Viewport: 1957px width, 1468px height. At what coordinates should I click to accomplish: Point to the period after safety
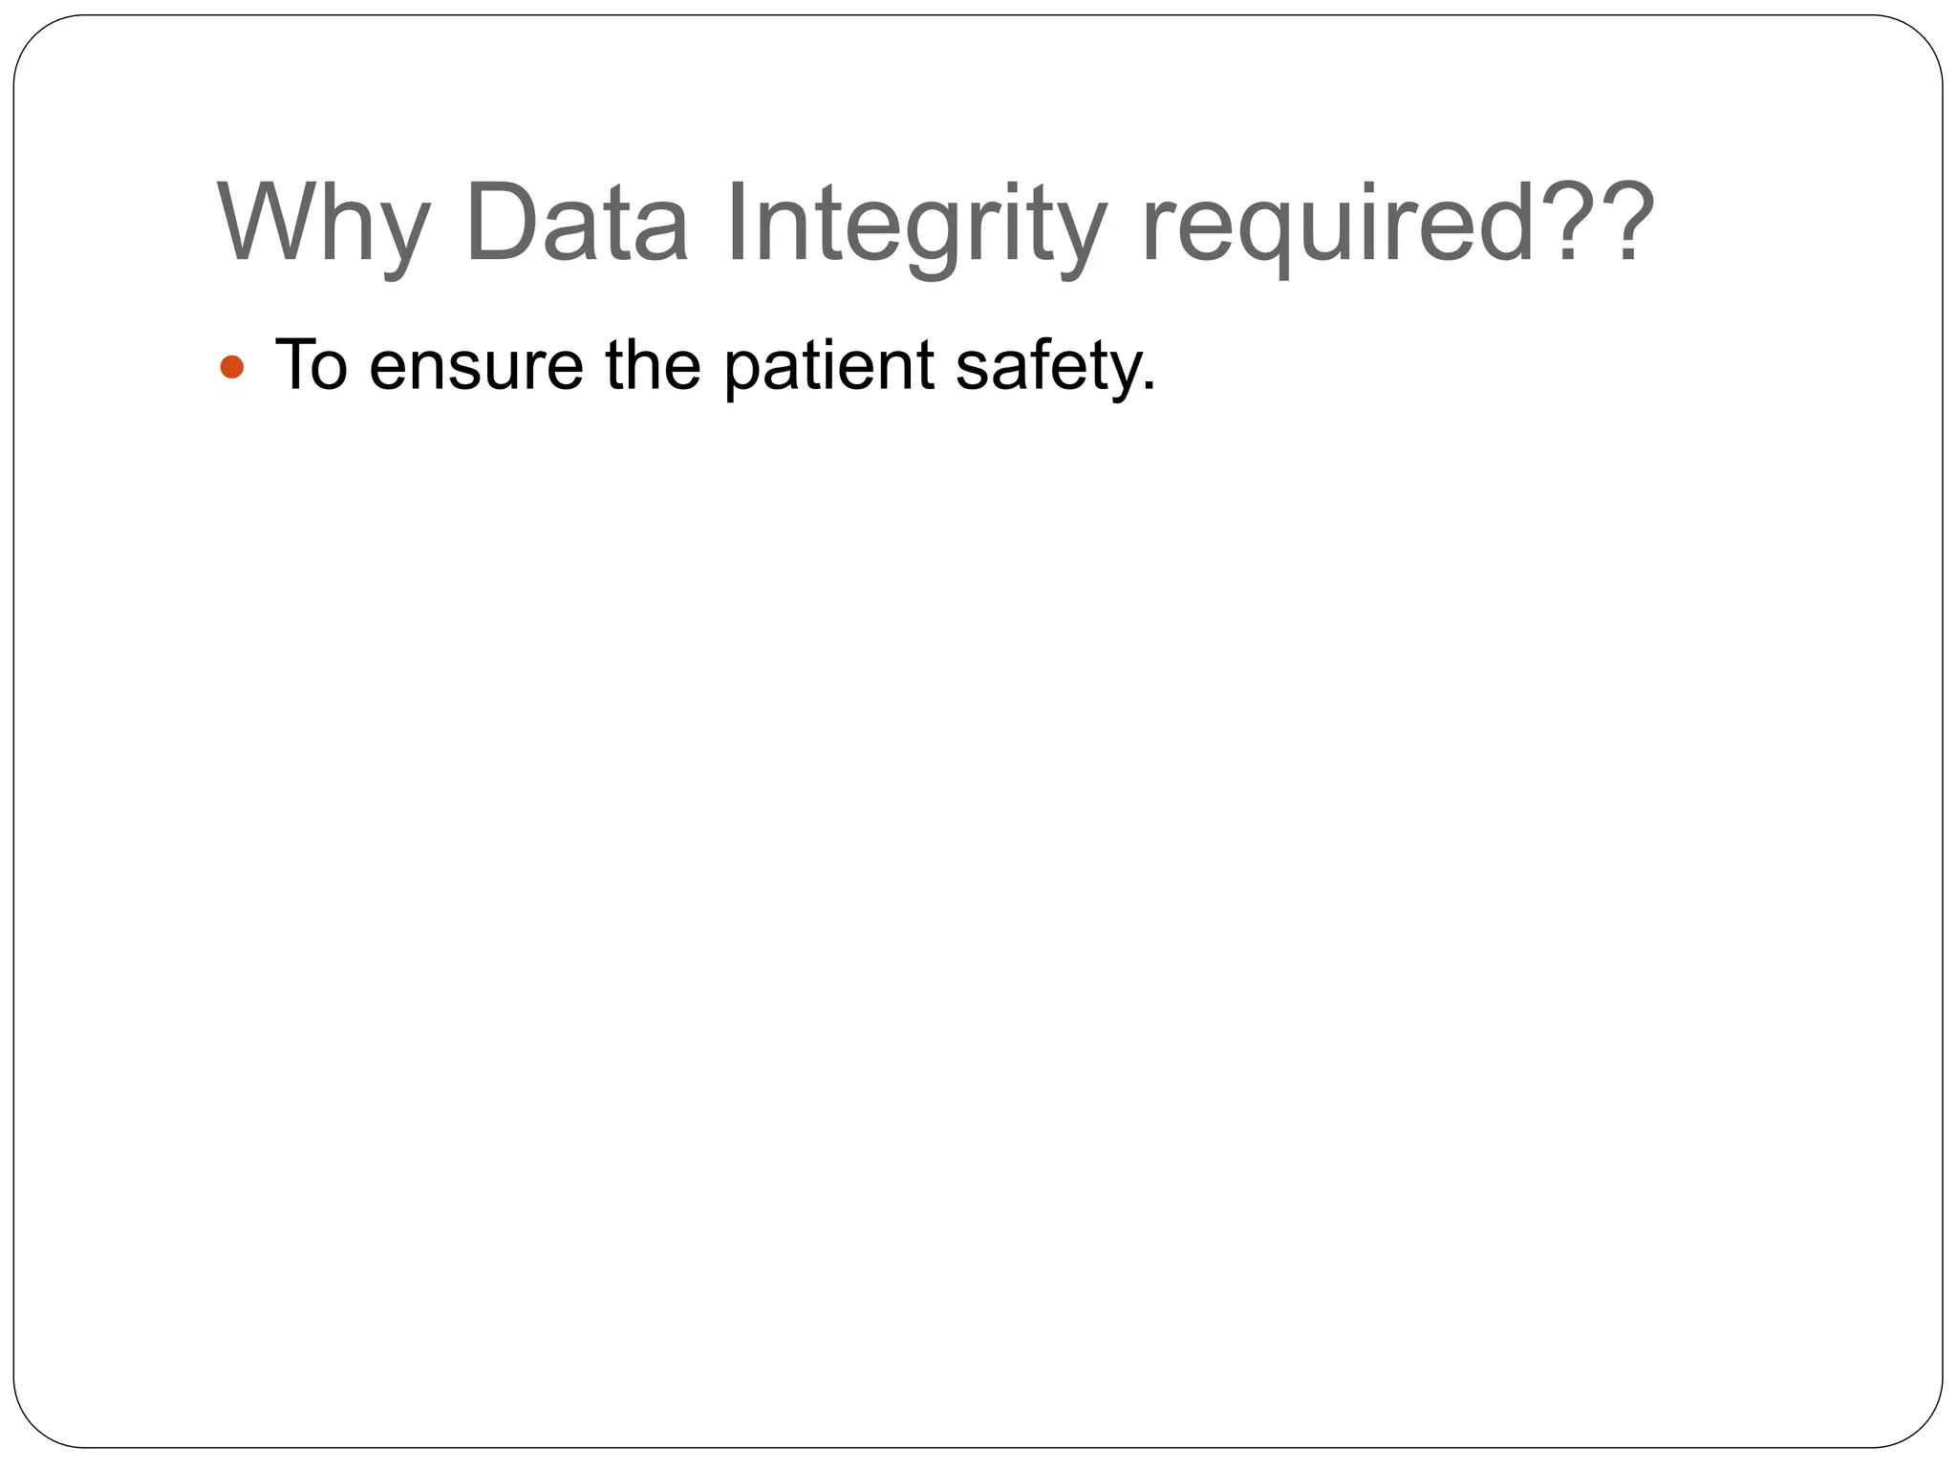(1150, 388)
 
